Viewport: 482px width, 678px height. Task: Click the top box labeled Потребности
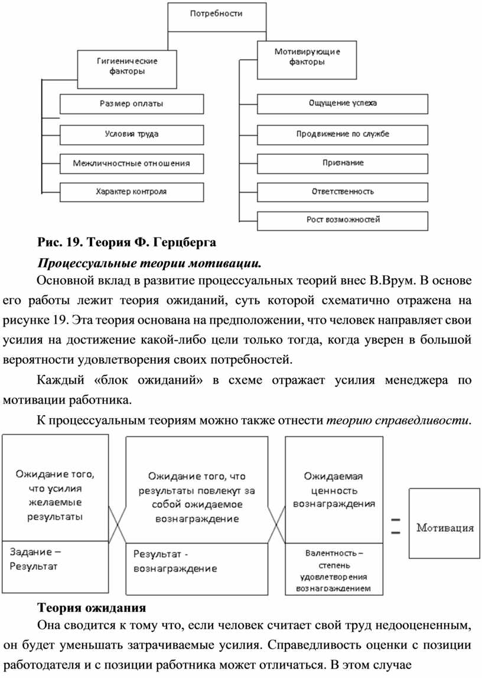pyautogui.click(x=216, y=16)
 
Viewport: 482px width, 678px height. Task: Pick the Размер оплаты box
pyautogui.click(x=131, y=104)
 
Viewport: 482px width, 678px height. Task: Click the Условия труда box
pyautogui.click(x=131, y=134)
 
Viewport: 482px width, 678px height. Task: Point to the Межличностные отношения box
pyautogui.click(x=131, y=162)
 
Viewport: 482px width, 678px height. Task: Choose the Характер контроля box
pyautogui.click(x=131, y=191)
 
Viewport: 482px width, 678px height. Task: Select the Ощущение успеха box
pyautogui.click(x=343, y=104)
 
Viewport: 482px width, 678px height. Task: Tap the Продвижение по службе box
pyautogui.click(x=343, y=134)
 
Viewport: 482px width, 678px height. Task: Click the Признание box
pyautogui.click(x=343, y=162)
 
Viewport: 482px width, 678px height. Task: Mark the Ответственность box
pyautogui.click(x=343, y=191)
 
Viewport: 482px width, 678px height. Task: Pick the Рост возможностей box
pyautogui.click(x=343, y=220)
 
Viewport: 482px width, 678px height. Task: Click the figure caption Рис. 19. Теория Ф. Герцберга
pyautogui.click(x=127, y=242)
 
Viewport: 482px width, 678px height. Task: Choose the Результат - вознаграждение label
pyautogui.click(x=175, y=562)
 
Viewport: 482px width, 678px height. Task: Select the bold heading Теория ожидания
pyautogui.click(x=92, y=608)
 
